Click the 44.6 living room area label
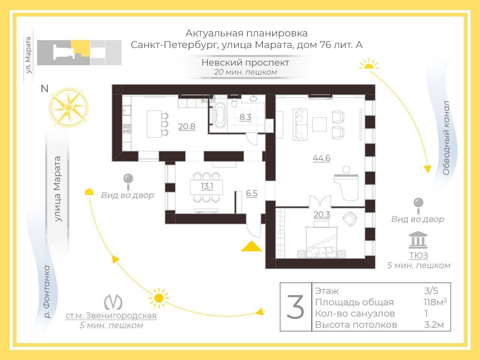point(321,158)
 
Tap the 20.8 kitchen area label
point(187,127)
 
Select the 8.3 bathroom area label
point(245,117)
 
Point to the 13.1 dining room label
point(207,186)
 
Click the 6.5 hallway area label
point(252,193)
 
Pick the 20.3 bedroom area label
point(321,214)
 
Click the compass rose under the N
point(68,108)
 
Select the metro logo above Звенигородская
point(112,301)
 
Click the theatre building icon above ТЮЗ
point(418,240)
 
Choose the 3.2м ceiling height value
point(433,325)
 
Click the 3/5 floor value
point(431,291)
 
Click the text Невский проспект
point(245,62)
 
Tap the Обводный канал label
point(446,138)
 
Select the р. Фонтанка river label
point(46,292)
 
